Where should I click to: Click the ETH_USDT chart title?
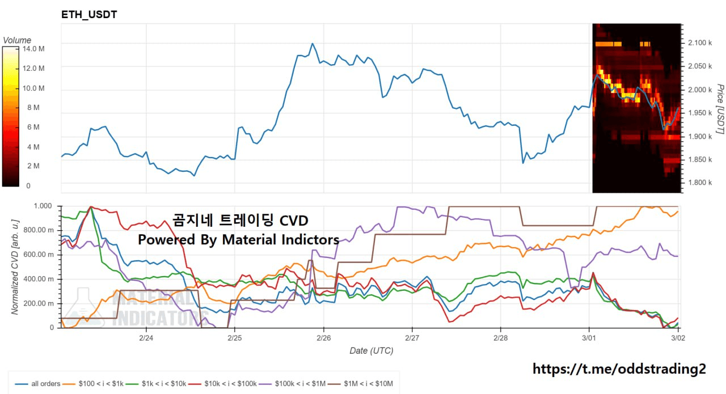click(x=89, y=15)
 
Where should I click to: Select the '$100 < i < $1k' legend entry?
click(x=102, y=384)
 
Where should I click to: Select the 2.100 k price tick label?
click(x=699, y=43)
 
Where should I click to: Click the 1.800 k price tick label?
click(x=699, y=183)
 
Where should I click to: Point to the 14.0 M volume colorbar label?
click(x=33, y=49)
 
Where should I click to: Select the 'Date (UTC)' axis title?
click(x=371, y=350)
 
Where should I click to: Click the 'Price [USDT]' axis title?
click(x=720, y=109)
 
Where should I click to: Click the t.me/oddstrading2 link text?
click(x=619, y=369)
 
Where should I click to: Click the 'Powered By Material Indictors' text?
click(x=238, y=240)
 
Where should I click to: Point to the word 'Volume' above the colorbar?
click(x=17, y=40)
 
